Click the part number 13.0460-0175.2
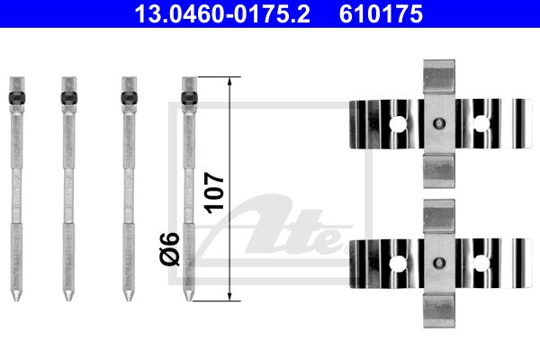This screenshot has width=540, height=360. coord(222,13)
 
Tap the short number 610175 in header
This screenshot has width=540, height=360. coord(381,13)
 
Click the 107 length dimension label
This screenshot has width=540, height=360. coord(214,193)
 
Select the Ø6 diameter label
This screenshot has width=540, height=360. coord(170,248)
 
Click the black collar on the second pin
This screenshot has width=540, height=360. coord(69,98)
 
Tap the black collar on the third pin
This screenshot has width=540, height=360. coord(129,98)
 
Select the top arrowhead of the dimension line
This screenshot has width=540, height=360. coord(229,81)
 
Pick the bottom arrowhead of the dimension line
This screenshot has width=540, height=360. coord(229,296)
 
